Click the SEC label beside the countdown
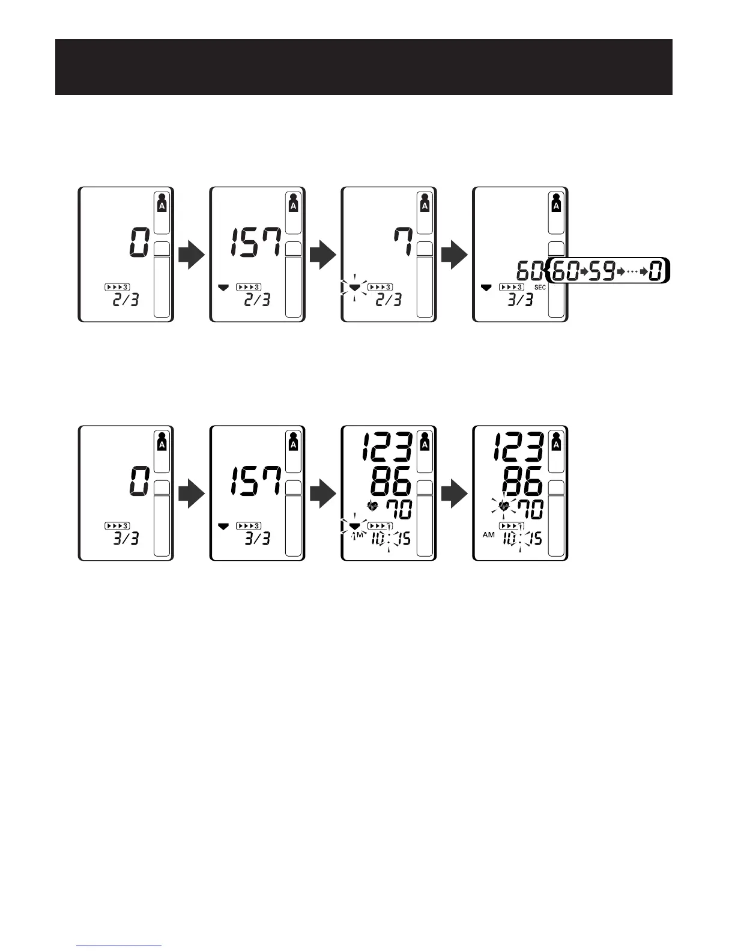click(540, 288)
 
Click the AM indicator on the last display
click(489, 534)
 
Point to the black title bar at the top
click(363, 67)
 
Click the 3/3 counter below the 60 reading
click(520, 300)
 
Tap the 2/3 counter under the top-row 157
click(257, 299)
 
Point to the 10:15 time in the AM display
click(520, 539)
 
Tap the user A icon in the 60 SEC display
click(556, 202)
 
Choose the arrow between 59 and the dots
click(621, 272)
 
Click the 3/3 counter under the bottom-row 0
click(126, 538)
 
